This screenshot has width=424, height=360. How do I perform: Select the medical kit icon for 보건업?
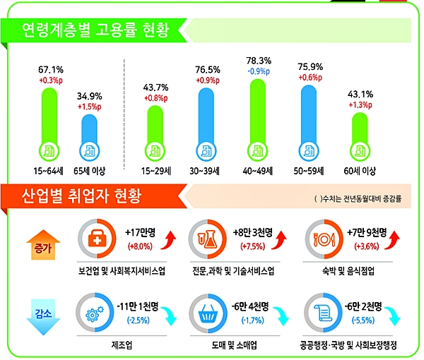tap(95, 240)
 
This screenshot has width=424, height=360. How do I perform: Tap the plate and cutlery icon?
tap(322, 240)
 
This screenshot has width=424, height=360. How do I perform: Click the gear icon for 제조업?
tap(95, 313)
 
